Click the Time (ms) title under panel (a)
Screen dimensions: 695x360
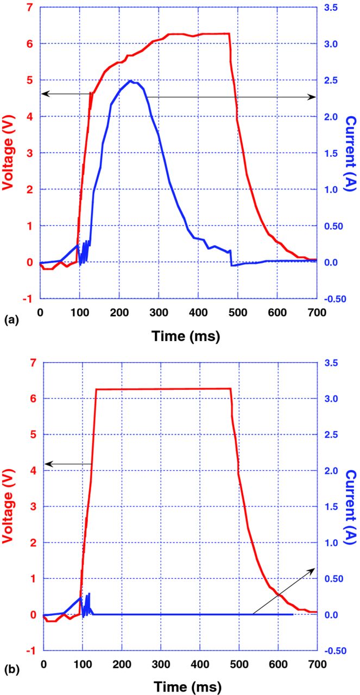[178, 336]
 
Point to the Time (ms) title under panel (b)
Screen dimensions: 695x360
[180, 687]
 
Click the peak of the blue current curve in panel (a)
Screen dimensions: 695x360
[130, 81]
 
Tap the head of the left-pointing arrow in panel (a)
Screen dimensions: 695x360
[43, 94]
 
